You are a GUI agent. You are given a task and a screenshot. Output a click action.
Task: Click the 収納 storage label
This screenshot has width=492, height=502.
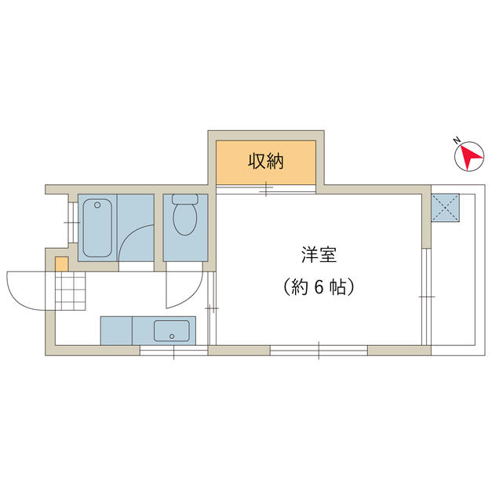266,161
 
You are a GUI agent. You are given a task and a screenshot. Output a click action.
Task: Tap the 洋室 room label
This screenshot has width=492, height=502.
319,254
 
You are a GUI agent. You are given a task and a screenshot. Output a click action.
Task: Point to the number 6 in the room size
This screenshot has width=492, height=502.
319,286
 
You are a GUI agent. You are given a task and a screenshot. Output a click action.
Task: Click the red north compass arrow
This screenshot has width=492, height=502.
470,157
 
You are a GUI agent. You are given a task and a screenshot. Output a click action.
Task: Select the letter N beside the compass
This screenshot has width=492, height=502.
457,140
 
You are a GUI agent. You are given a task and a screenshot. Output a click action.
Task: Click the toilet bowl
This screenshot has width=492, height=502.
185,220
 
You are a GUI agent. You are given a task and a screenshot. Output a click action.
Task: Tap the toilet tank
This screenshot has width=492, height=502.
185,198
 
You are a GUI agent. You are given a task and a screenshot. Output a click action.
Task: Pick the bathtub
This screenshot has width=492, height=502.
97,227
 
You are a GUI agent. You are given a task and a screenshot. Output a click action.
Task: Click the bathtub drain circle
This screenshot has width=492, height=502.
97,205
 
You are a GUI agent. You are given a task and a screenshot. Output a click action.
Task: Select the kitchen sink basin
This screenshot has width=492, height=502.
171,331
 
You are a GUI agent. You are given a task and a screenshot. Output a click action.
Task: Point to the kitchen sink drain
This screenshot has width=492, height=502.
172,336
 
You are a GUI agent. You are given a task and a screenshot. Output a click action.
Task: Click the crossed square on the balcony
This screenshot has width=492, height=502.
445,207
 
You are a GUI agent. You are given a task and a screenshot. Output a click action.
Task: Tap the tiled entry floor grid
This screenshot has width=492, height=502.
71,291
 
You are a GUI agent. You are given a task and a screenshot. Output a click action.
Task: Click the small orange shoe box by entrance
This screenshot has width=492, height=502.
61,264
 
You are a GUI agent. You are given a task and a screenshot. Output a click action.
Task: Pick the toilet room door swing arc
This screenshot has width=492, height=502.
193,295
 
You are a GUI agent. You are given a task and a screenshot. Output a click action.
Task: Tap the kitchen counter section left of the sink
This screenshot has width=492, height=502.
116,331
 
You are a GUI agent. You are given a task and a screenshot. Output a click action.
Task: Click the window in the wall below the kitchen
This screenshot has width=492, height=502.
174,351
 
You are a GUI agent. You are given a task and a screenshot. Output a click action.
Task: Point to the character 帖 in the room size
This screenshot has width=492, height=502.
338,286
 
